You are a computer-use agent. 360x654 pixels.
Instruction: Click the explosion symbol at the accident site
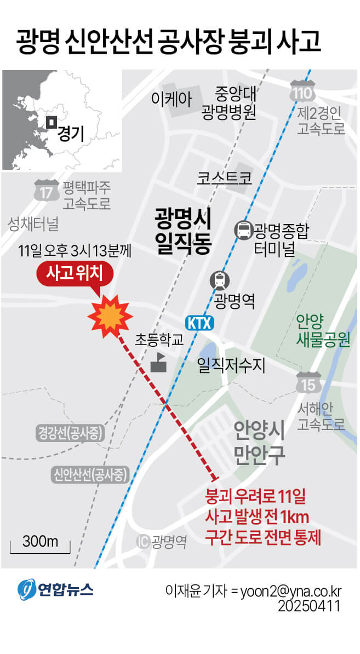click(110, 315)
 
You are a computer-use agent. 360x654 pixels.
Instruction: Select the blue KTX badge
click(199, 323)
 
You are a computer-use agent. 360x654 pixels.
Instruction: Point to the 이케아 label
click(172, 99)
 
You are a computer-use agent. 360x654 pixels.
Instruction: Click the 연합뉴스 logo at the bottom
click(55, 589)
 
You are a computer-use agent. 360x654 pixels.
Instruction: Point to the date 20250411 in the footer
click(309, 607)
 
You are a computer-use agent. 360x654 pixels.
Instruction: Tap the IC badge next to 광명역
click(142, 542)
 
